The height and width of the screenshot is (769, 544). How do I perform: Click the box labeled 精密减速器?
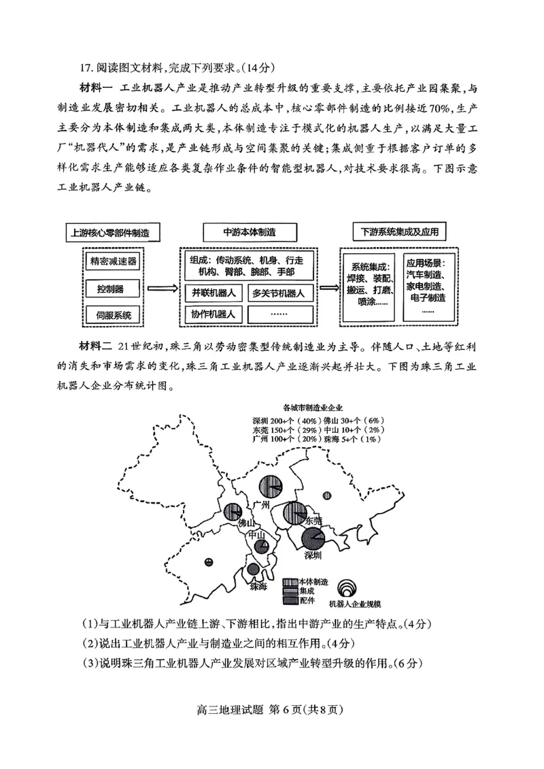pyautogui.click(x=114, y=261)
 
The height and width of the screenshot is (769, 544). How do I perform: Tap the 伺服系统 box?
pyautogui.click(x=114, y=315)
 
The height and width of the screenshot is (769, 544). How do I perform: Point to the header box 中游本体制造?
pyautogui.click(x=250, y=232)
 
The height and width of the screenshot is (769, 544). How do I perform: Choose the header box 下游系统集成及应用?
pyautogui.click(x=400, y=232)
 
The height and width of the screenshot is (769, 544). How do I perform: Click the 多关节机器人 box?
pyautogui.click(x=282, y=293)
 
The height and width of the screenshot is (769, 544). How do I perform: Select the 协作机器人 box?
pyautogui.click(x=214, y=314)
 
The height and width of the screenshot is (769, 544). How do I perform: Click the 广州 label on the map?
pyautogui.click(x=261, y=505)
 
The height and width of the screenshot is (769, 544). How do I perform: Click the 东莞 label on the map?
pyautogui.click(x=313, y=521)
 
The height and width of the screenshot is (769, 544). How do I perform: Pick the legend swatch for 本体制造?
pyautogui.click(x=289, y=583)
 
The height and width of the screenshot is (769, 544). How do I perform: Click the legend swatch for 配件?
pyautogui.click(x=289, y=600)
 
